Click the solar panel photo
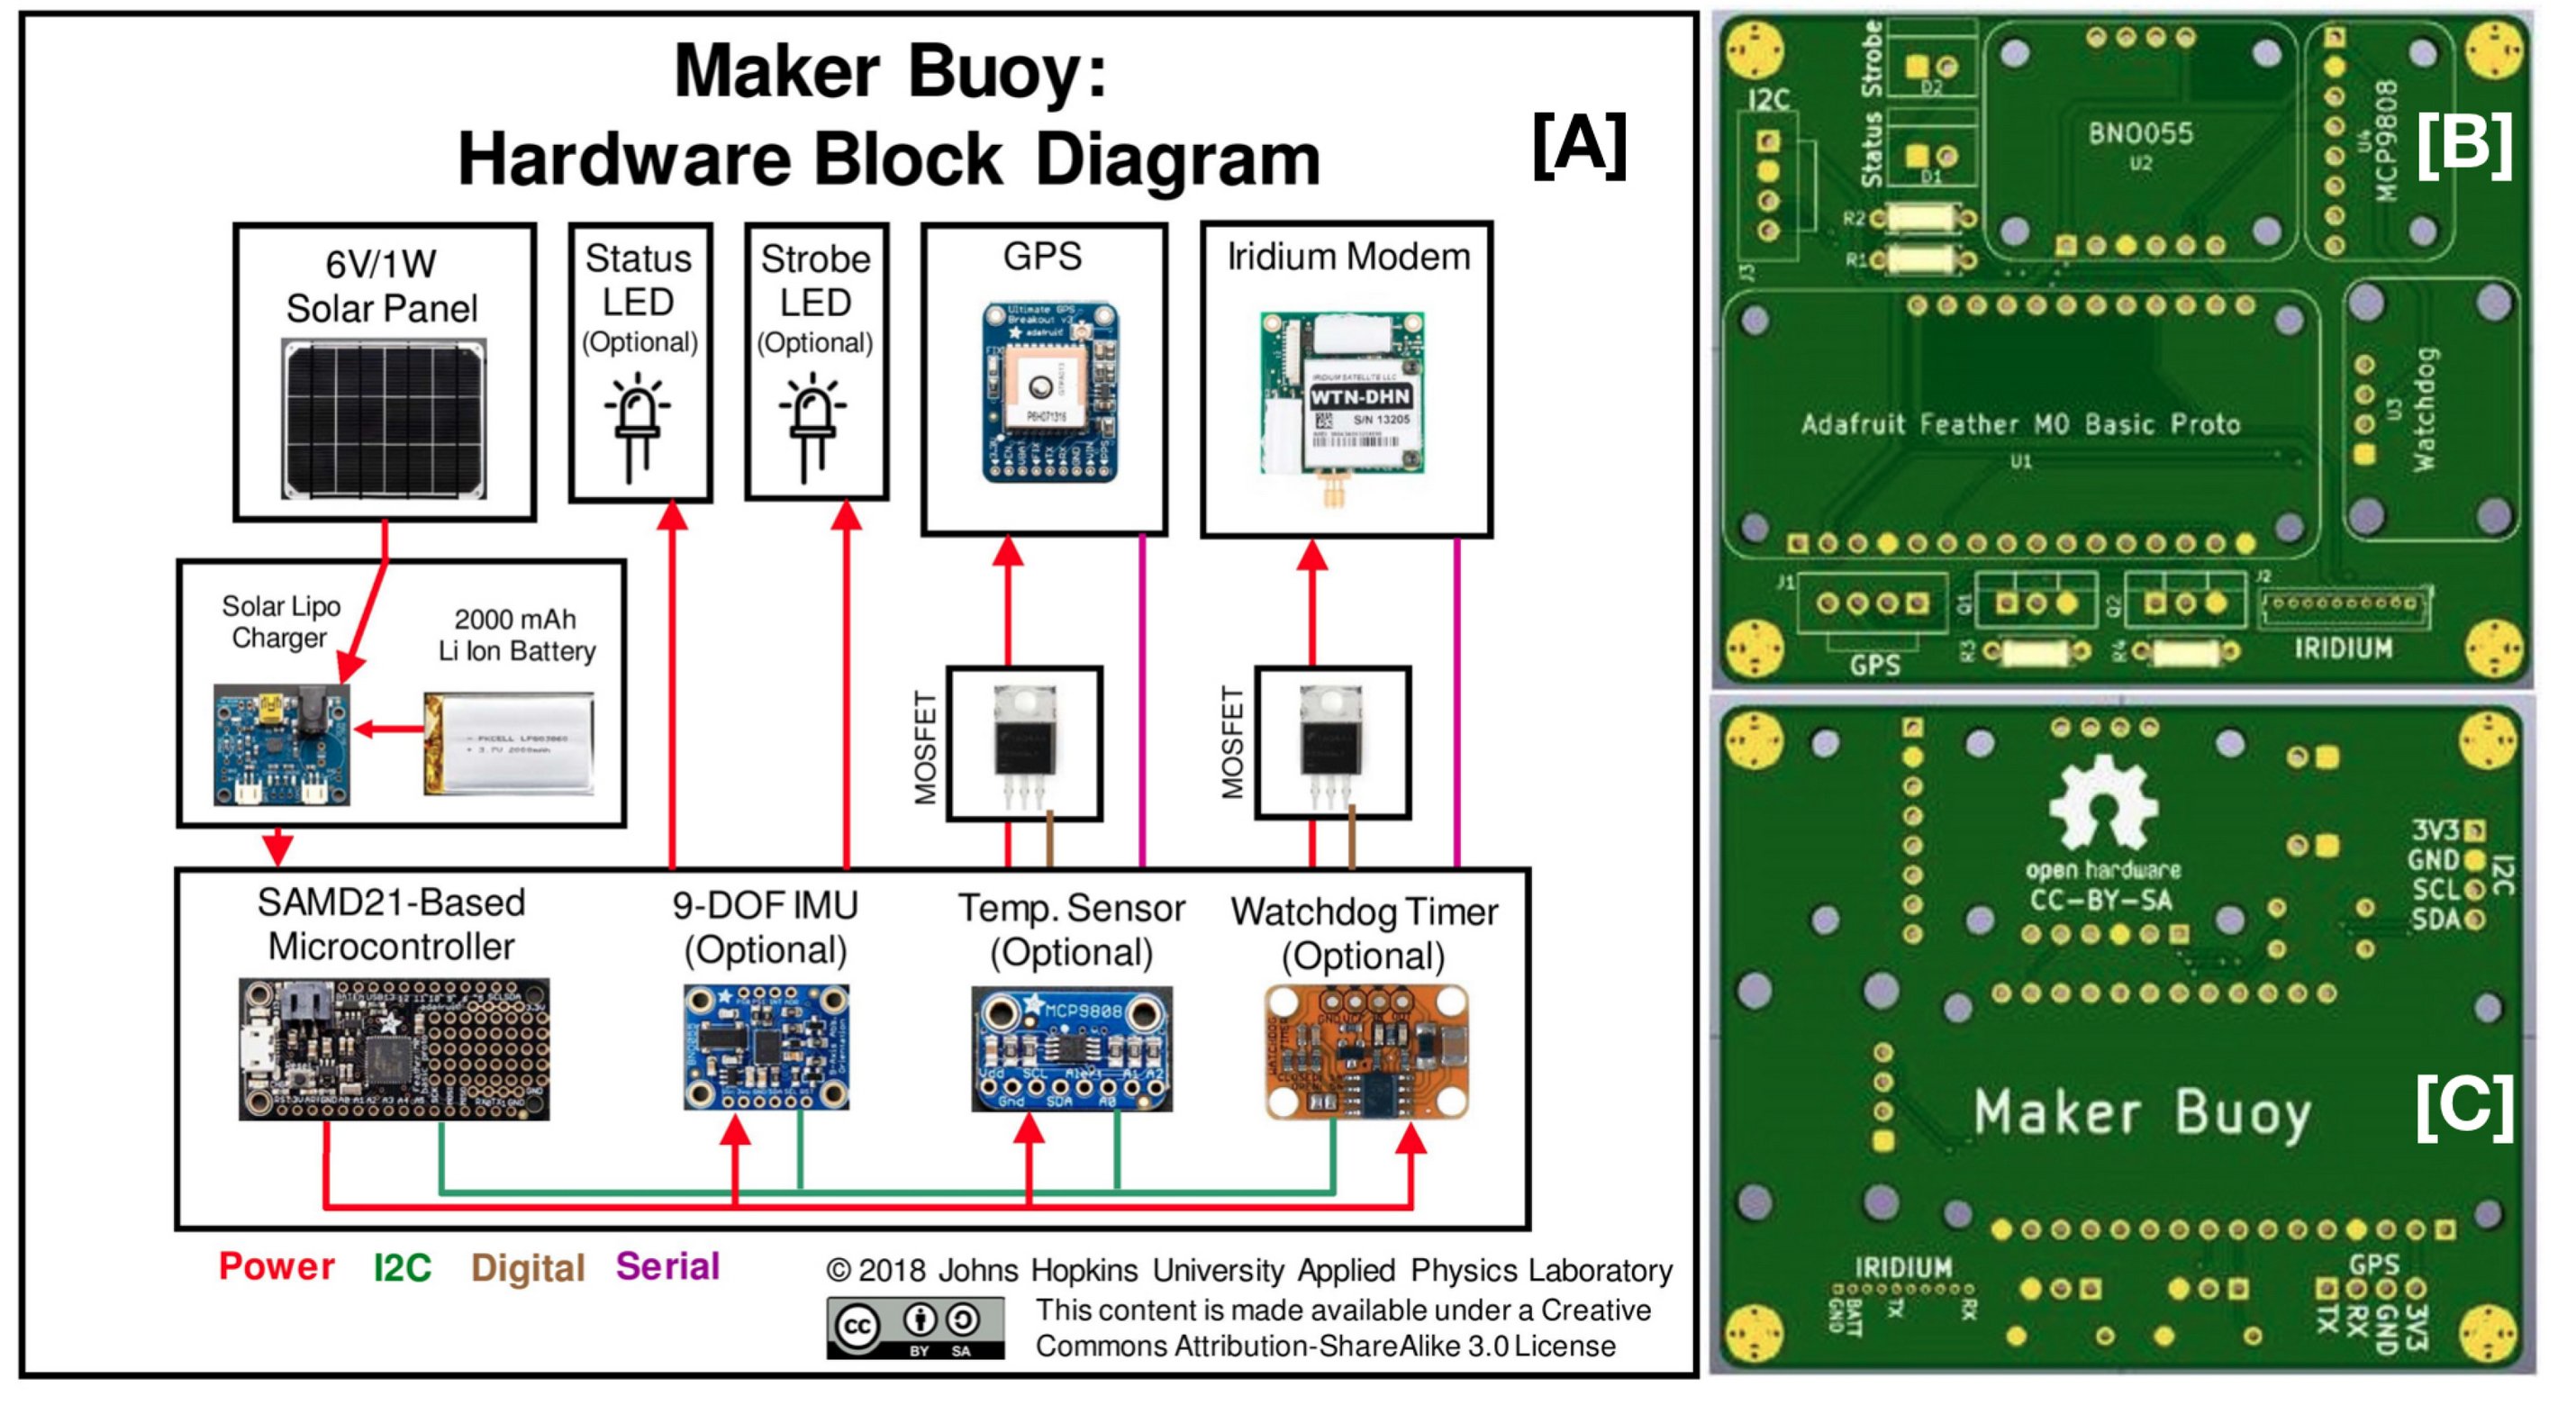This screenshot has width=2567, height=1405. pos(384,419)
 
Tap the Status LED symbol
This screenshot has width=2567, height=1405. pos(638,423)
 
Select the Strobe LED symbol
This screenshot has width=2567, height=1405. pos(813,423)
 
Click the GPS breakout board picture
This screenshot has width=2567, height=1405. pos(1050,394)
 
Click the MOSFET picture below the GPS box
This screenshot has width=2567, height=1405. pos(1024,742)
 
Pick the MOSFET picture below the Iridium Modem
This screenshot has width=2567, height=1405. pos(1331,742)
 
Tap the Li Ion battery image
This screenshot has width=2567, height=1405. pos(509,743)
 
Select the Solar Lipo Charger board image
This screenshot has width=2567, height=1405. pos(282,743)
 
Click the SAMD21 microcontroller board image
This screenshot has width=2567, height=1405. pos(394,1048)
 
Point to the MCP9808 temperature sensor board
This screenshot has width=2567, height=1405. pos(1071,1048)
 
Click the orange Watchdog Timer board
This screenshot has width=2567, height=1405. pos(1366,1051)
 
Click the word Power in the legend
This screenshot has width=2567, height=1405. pos(276,1266)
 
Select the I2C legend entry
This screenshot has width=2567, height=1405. pos(402,1267)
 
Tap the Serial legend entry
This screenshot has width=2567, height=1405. pos(667,1266)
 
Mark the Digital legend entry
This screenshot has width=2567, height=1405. pos(527,1268)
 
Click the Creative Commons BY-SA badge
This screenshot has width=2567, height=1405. pos(915,1328)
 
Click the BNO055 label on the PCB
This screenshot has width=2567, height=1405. pos(2140,132)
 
